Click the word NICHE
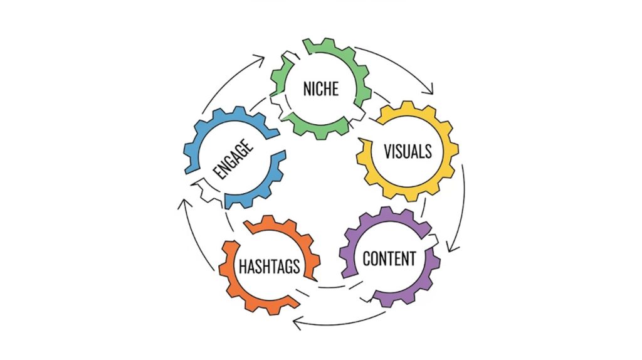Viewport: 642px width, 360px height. pyautogui.click(x=320, y=88)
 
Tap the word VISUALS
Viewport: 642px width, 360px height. pyautogui.click(x=408, y=151)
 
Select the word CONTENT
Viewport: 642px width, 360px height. pyautogui.click(x=389, y=258)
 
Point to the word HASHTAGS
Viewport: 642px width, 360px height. pyautogui.click(x=269, y=266)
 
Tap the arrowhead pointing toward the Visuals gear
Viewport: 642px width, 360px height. pyautogui.click(x=431, y=90)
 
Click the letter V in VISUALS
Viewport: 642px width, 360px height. pyautogui.click(x=387, y=151)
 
